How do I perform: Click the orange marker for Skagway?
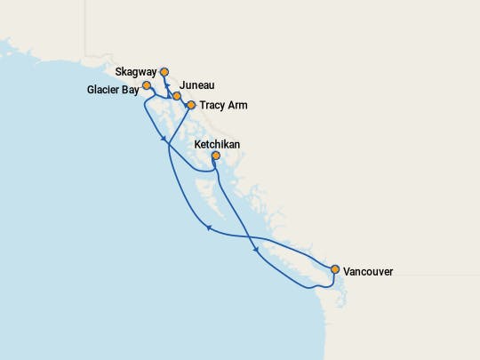pos(164,72)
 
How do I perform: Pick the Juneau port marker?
pos(177,96)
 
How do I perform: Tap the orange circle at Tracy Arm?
pos(190,105)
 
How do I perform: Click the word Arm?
pos(238,106)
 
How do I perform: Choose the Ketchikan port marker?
pos(216,156)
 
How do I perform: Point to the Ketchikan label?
pos(216,143)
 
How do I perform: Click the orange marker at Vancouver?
pos(335,268)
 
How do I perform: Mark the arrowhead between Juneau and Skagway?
pos(166,86)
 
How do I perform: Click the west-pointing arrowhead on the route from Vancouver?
pos(208,228)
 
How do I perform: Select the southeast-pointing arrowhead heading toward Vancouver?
pos(258,250)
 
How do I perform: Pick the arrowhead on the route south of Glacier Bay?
pos(164,140)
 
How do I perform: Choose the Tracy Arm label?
pos(223,106)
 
